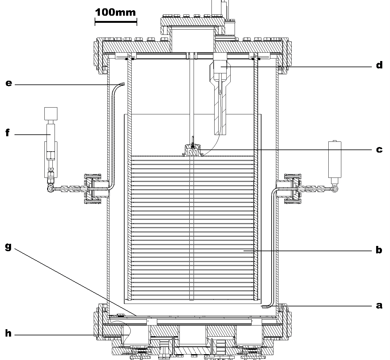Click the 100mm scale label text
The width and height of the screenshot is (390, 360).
tap(115, 12)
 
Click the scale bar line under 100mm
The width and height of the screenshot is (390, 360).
tap(116, 22)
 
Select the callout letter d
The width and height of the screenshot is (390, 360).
tap(379, 65)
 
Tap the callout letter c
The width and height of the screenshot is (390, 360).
tap(379, 150)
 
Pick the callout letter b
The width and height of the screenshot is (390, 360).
tap(379, 250)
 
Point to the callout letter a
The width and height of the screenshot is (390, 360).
tap(379, 305)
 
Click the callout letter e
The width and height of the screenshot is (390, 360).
tap(9, 83)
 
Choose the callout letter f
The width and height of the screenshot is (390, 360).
tap(8, 133)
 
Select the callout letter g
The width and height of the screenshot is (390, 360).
tap(8, 247)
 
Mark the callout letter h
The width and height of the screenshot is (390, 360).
tap(8, 333)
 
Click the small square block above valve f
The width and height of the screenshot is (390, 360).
tap(51, 113)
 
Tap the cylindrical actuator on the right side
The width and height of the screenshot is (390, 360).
tap(335, 159)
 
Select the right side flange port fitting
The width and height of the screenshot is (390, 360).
tap(292, 189)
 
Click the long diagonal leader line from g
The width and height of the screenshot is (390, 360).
tap(74, 281)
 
